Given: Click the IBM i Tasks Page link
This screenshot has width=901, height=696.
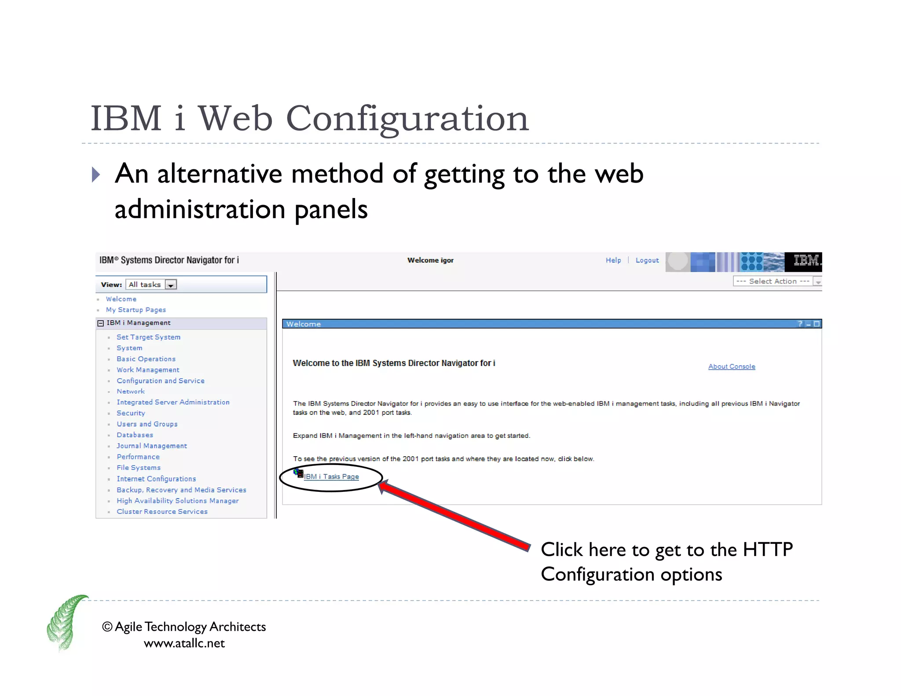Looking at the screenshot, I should point(331,476).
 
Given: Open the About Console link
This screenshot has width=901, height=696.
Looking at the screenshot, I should point(731,366).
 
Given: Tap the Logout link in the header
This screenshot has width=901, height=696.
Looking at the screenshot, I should point(647,260).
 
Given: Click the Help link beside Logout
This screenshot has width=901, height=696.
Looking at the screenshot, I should point(613,260).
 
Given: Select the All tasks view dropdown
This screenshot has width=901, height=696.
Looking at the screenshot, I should point(151,285).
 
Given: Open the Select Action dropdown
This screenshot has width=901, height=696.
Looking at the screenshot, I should point(776,282).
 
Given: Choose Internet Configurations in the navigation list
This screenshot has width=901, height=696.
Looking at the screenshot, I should point(156,479).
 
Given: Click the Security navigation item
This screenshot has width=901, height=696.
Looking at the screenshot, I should point(131,413).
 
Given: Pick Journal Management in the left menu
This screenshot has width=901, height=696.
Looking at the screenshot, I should point(152,446).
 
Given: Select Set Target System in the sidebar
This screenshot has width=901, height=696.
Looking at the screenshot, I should point(148,337).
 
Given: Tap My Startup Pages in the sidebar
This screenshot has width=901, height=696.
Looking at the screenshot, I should point(136,310).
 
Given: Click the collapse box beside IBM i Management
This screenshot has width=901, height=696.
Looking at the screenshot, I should point(101,323).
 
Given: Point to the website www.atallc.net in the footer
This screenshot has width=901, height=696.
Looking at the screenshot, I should point(184,644).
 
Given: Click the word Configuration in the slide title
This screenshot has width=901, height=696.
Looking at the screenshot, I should point(407,119).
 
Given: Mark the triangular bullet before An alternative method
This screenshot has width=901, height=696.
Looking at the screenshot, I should point(95,175).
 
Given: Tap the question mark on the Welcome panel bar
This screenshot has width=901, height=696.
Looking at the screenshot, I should point(800,324).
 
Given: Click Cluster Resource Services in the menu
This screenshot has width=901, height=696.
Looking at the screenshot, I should point(162,512).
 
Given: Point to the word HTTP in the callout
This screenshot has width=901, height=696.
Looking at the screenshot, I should point(768,550).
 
